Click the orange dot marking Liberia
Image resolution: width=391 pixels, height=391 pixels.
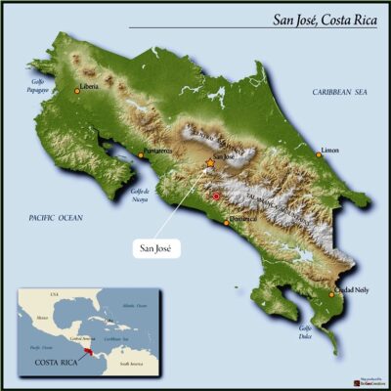point(77,91)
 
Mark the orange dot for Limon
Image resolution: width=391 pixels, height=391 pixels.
point(319,153)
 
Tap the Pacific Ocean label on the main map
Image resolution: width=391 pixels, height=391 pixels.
point(55,215)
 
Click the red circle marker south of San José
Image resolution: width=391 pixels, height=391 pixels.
point(217,196)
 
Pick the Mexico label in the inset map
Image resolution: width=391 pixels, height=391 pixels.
point(41,320)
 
